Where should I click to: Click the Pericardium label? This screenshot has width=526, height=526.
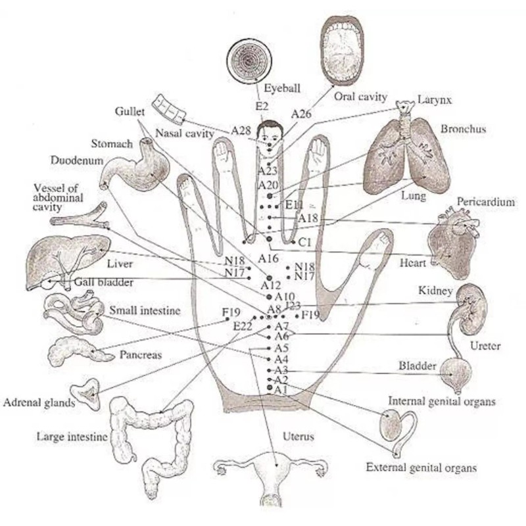(x=485, y=203)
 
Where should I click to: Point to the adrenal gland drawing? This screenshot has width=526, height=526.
(x=86, y=396)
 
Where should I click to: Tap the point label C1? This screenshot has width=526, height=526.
(x=304, y=243)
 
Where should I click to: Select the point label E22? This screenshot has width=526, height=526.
(x=243, y=325)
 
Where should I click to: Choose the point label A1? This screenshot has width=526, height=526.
(x=281, y=391)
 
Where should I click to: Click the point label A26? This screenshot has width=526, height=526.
(x=300, y=114)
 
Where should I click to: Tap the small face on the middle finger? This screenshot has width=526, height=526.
(x=269, y=135)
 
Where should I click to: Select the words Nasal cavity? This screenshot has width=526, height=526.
(x=185, y=133)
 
